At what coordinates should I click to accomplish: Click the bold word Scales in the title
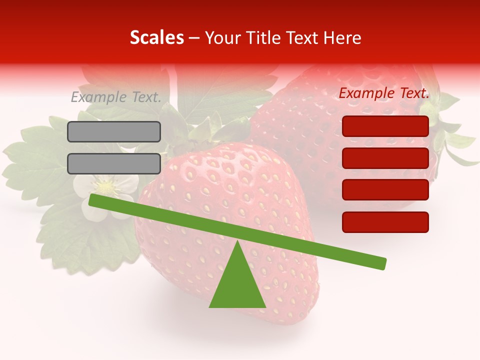pyautogui.click(x=156, y=37)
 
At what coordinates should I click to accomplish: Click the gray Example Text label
pyautogui.click(x=116, y=97)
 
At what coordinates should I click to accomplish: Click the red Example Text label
pyautogui.click(x=384, y=93)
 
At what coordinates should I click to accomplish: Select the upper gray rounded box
pyautogui.click(x=114, y=131)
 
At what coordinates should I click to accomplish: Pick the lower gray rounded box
pyautogui.click(x=114, y=163)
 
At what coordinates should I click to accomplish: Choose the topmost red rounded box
pyautogui.click(x=385, y=126)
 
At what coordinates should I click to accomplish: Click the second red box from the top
pyautogui.click(x=385, y=158)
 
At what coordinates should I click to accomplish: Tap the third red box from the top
pyautogui.click(x=385, y=190)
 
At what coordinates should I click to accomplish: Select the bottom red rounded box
pyautogui.click(x=385, y=222)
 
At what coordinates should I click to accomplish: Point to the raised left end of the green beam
pyautogui.click(x=92, y=200)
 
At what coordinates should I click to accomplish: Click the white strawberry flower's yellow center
pyautogui.click(x=105, y=187)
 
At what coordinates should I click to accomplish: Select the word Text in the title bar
pyautogui.click(x=302, y=37)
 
